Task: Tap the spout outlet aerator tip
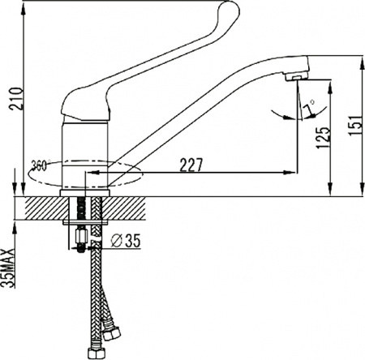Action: tap(297, 78)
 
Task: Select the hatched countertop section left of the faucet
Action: tap(41, 207)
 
